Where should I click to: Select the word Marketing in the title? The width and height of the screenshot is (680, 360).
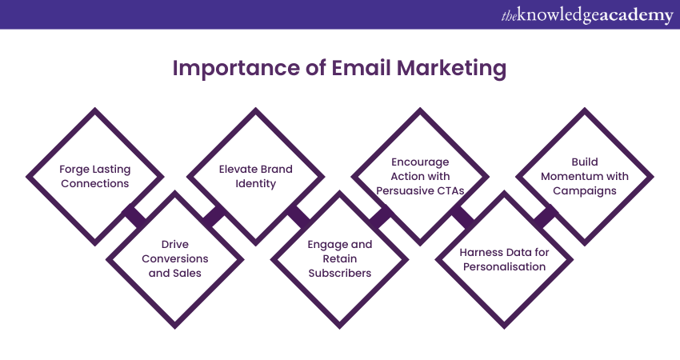click(x=451, y=69)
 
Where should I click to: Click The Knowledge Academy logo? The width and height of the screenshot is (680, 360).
click(x=586, y=15)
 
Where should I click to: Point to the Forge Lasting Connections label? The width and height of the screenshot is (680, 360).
click(x=95, y=176)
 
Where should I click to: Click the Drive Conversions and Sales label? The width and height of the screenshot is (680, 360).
click(x=174, y=258)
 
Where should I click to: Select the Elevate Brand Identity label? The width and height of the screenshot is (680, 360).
click(x=255, y=176)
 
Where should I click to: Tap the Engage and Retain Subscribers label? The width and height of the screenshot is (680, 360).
click(x=339, y=258)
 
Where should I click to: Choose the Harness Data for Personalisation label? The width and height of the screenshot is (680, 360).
click(x=504, y=259)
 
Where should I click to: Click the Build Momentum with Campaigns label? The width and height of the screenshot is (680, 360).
click(x=585, y=176)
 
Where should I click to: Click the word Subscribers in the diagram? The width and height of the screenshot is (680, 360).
click(x=339, y=274)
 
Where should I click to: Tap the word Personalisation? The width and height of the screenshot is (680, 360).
click(x=504, y=266)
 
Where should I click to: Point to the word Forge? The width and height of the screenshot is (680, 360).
click(x=74, y=170)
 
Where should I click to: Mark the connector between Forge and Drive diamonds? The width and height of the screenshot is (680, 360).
click(x=135, y=217)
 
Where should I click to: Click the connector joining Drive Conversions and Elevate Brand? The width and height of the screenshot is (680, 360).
click(x=214, y=217)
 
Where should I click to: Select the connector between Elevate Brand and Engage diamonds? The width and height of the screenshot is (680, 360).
click(x=298, y=217)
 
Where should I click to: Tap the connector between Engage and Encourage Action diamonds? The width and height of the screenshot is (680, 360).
click(x=380, y=217)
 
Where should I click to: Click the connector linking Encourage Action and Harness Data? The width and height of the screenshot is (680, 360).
click(x=462, y=217)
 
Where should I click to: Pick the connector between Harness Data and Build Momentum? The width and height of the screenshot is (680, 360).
click(x=545, y=217)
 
